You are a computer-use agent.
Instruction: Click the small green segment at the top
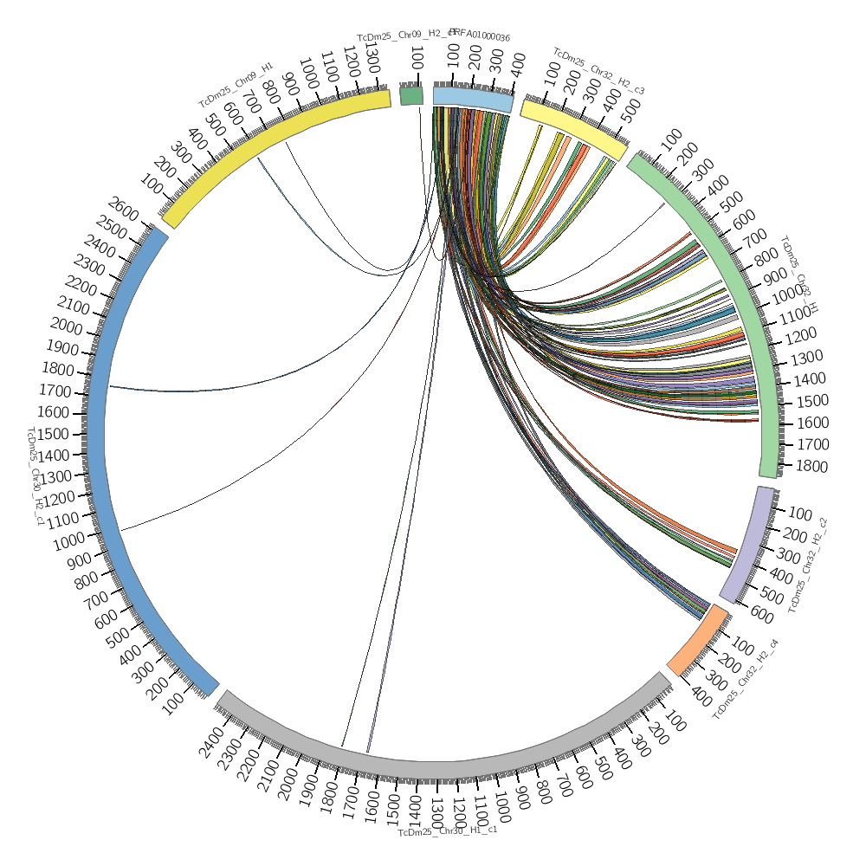(411, 95)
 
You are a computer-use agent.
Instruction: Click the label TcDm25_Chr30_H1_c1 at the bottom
(447, 832)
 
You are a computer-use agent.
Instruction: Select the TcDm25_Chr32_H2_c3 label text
(598, 71)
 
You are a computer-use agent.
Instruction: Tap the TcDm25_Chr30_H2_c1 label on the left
(36, 475)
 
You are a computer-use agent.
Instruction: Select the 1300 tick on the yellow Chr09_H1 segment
(370, 61)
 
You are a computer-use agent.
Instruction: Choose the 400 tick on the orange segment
(701, 696)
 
